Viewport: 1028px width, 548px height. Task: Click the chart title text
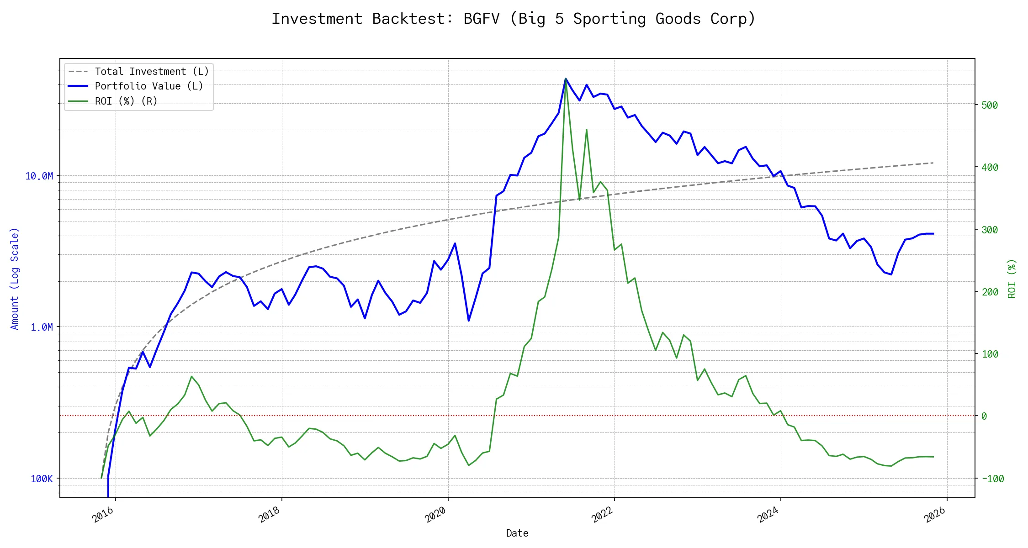[x=514, y=19]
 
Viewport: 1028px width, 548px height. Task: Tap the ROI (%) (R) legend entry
[x=126, y=101]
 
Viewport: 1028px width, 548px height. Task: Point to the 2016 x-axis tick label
[x=103, y=515]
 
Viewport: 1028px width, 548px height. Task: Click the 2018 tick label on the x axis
[x=270, y=515]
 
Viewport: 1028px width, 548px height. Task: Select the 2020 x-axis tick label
[x=436, y=515]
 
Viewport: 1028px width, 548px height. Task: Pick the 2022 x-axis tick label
[x=602, y=515]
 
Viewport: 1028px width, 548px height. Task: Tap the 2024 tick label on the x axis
[x=768, y=515]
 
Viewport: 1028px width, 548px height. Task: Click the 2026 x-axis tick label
[x=935, y=515]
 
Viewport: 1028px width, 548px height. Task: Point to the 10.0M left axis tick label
[x=39, y=176]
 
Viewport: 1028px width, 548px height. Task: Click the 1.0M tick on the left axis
[x=42, y=327]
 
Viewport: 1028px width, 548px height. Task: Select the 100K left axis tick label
[x=42, y=479]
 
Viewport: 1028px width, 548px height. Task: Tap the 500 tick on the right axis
[x=990, y=105]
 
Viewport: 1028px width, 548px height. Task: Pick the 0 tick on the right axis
[x=984, y=416]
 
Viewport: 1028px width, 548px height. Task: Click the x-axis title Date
[x=517, y=533]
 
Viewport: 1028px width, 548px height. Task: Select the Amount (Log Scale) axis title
[x=15, y=279]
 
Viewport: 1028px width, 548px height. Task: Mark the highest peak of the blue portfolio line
[x=566, y=79]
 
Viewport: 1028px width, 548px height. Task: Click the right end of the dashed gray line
[x=933, y=163]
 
